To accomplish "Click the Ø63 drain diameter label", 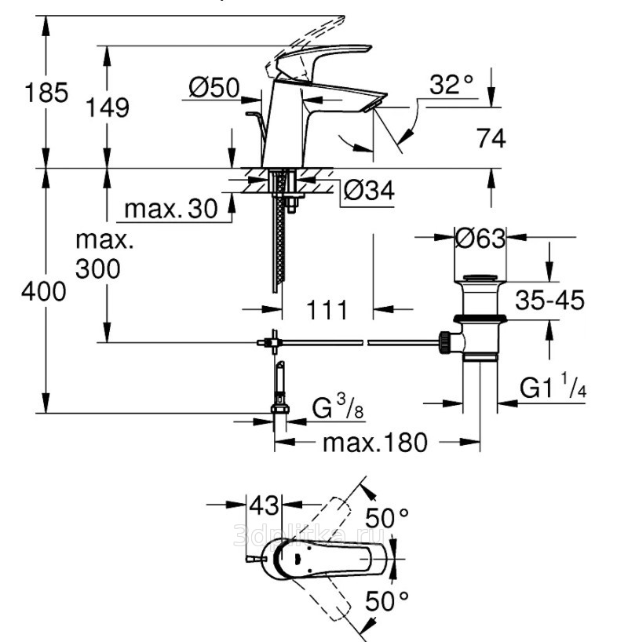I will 480,237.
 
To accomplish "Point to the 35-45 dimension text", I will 550,299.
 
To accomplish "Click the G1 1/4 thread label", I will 553,388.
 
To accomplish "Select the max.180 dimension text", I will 374,443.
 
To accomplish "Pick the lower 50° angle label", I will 388,604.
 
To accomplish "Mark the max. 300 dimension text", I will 100,254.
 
